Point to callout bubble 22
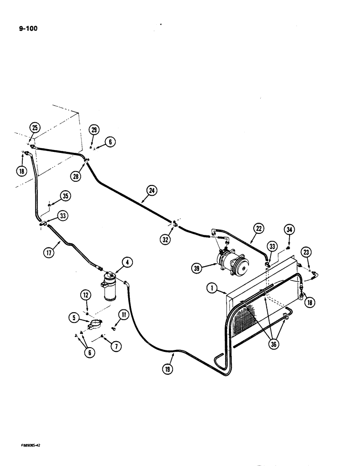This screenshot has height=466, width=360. (258, 228)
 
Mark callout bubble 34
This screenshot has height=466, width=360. (289, 230)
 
